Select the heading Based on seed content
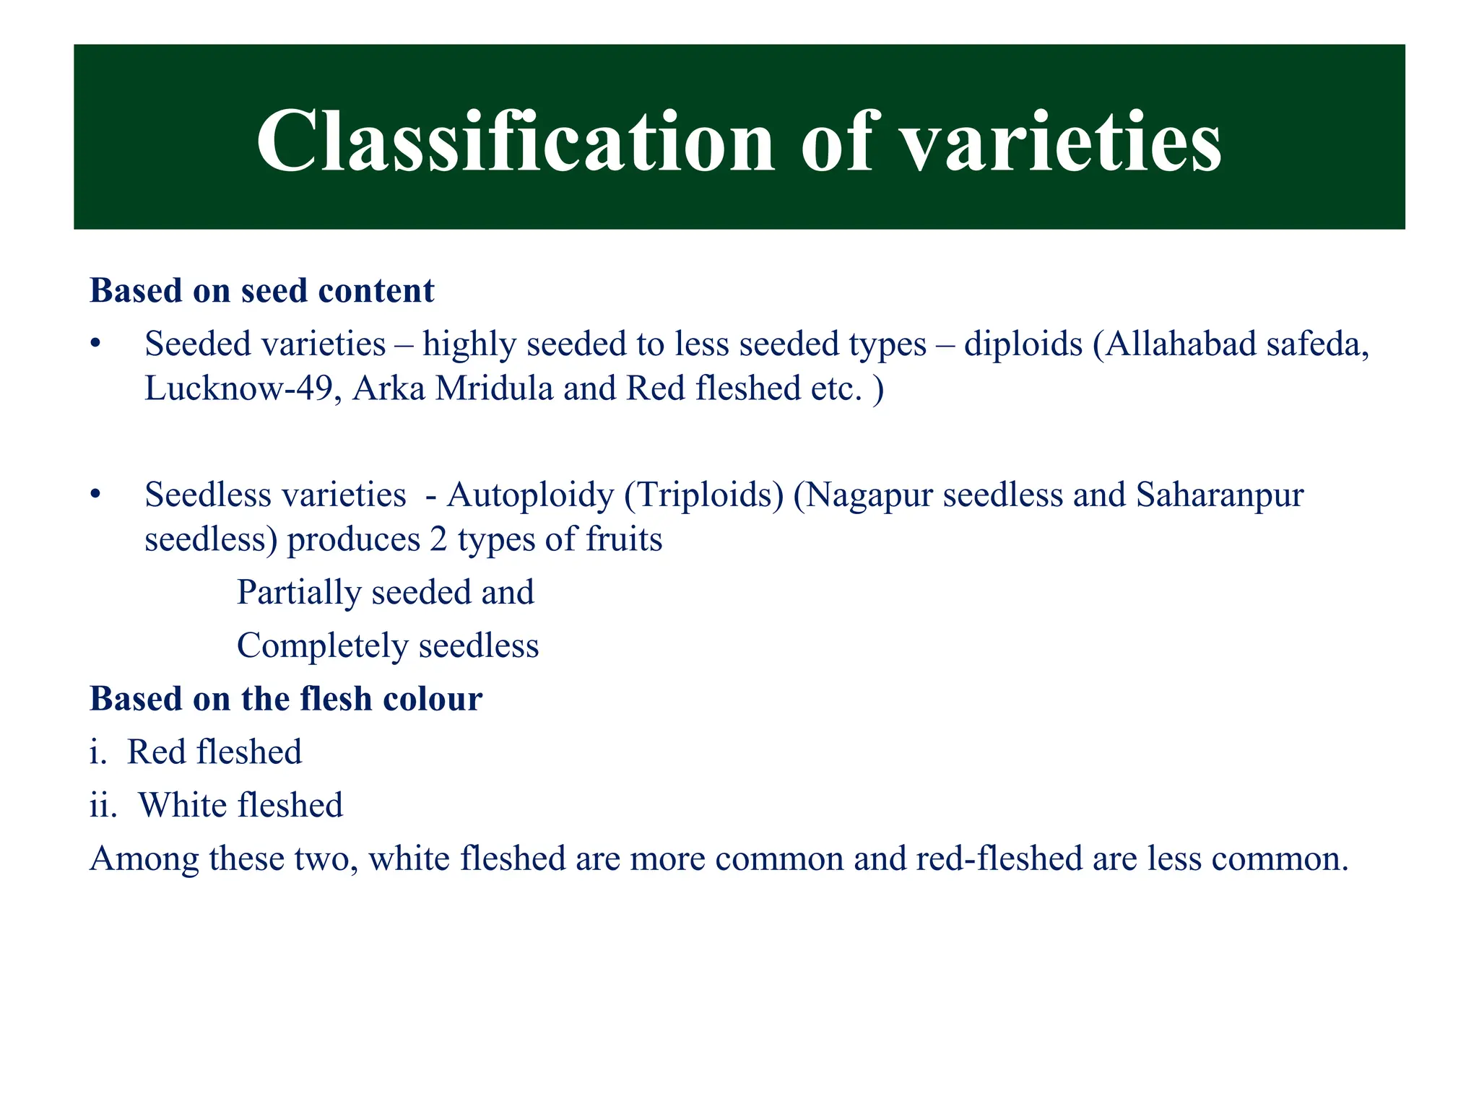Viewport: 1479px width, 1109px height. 261,291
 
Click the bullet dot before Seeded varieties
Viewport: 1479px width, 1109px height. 95,344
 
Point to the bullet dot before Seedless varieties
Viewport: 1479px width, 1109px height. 95,495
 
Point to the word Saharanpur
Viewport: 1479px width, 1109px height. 1220,495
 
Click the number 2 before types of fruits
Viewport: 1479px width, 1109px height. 438,540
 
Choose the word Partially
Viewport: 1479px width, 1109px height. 299,593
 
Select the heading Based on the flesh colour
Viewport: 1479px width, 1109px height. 286,699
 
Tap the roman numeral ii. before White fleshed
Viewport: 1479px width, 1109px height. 103,806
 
